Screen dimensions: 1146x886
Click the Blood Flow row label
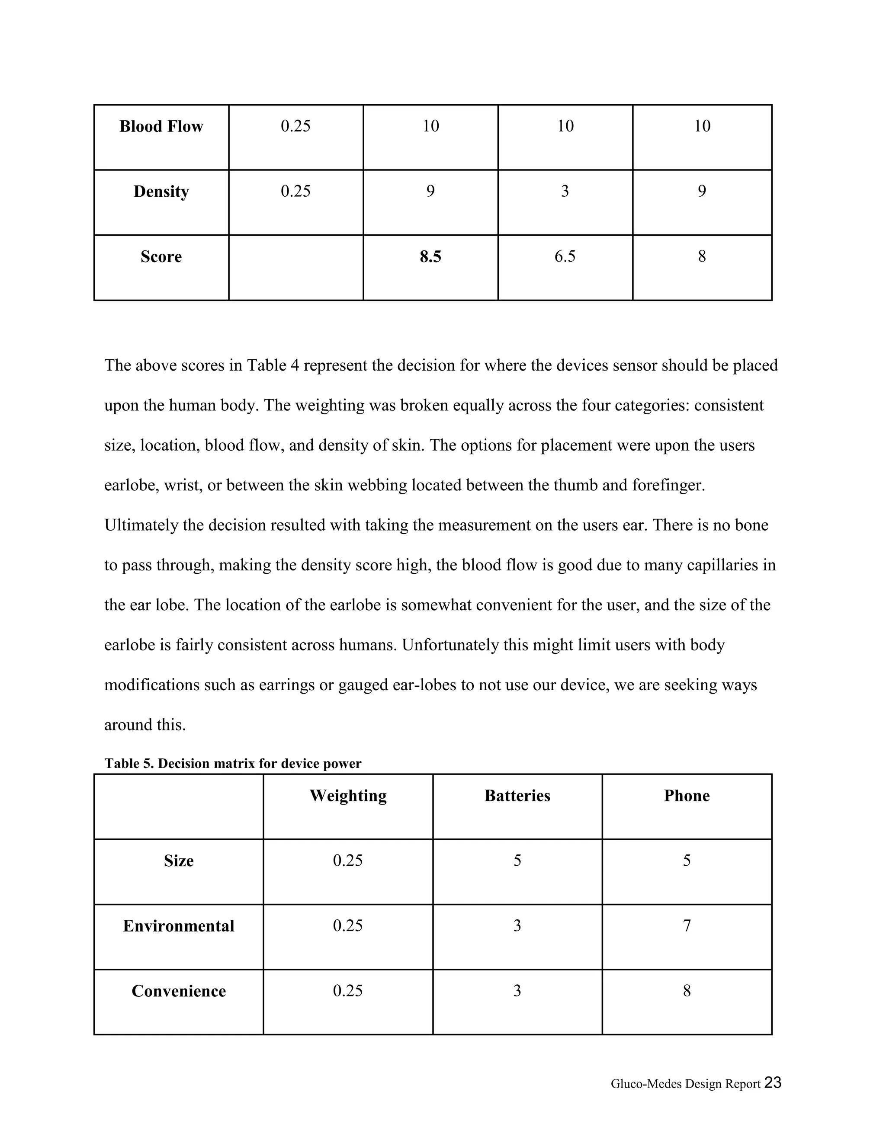point(161,126)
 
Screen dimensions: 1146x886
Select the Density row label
point(161,192)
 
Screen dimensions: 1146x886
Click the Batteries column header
point(517,795)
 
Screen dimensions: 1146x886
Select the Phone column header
point(687,795)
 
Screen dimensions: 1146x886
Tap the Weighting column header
point(348,795)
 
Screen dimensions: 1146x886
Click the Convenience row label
point(179,991)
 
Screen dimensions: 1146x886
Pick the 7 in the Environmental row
point(687,925)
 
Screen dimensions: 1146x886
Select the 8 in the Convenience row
point(687,991)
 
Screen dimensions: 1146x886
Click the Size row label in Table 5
point(179,861)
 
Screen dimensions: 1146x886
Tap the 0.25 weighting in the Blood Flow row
point(295,126)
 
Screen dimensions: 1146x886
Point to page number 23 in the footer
point(773,1082)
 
